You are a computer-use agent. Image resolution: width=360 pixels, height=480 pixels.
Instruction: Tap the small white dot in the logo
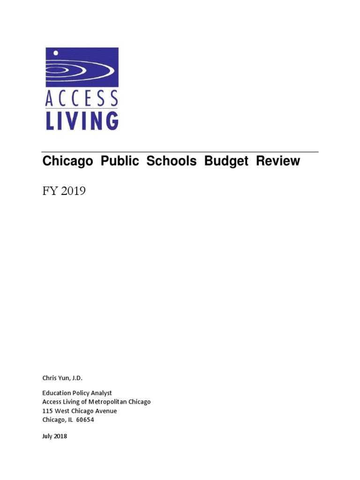pos(55,52)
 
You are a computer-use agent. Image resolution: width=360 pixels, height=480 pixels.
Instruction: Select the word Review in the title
pos(278,161)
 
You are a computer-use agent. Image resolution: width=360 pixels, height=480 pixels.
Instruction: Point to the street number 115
pos(47,411)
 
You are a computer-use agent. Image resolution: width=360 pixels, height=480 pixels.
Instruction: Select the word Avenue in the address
pos(105,411)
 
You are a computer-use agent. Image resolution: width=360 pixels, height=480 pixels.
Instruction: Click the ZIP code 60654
pos(85,420)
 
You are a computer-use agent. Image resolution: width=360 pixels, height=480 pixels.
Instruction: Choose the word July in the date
pos(47,436)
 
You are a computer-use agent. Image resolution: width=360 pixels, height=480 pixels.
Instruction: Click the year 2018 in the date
pos(61,436)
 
